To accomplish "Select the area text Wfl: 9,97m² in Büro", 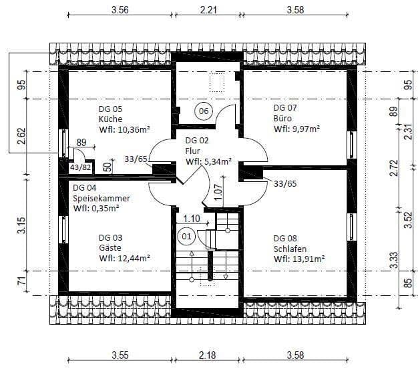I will (296, 129).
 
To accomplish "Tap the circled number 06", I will (203, 110).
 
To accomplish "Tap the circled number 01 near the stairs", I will (186, 235).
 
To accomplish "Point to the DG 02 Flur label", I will (198, 151).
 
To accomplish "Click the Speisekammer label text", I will (101, 199).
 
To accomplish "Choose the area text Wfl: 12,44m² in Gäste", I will (124, 258).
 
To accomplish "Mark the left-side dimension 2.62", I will (21, 137).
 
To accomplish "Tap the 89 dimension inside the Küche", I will (81, 142).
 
